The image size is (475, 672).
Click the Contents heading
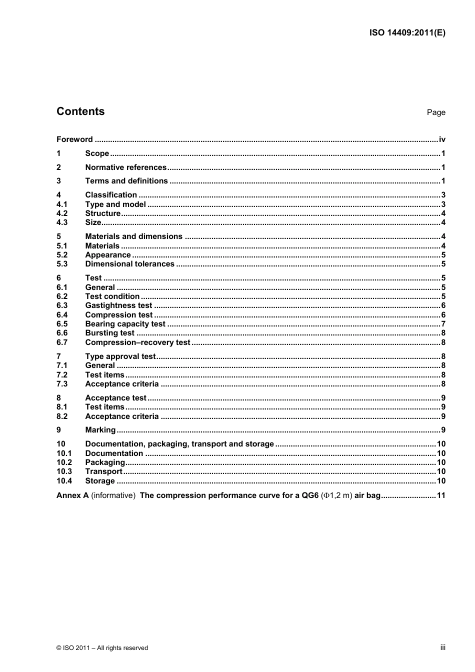[80, 111]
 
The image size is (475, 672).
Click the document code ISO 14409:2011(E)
[407, 33]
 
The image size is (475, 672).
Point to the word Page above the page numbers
[435, 112]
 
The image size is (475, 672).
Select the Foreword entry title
[74, 139]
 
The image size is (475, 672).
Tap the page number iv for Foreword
[442, 139]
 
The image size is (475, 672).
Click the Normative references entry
[125, 167]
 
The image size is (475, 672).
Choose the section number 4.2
[62, 213]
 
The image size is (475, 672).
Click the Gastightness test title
[118, 305]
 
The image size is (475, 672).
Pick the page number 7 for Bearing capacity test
[443, 324]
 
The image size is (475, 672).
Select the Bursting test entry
[109, 333]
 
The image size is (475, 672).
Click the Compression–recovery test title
[137, 342]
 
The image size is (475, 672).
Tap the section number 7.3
[62, 384]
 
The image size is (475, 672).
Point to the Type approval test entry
[120, 356]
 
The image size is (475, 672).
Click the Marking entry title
[100, 430]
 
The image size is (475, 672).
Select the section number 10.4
[64, 481]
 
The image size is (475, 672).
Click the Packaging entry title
[105, 462]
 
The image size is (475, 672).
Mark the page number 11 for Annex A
[441, 495]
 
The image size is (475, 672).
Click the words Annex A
[72, 495]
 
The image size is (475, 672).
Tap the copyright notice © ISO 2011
[102, 648]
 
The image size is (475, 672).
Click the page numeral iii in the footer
[442, 647]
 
